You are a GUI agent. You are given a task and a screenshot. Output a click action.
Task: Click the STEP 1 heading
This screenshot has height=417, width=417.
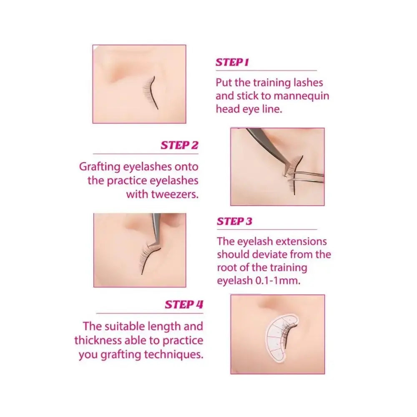pos(232,63)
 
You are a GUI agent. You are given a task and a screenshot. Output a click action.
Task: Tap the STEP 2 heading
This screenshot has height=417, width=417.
pos(179,146)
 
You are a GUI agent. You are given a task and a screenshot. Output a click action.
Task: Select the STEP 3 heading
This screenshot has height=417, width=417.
pos(234,221)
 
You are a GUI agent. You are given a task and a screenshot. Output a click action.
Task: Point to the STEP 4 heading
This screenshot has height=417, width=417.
pos(184,304)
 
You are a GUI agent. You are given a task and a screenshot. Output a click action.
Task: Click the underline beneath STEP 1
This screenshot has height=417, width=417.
pos(266,71)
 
